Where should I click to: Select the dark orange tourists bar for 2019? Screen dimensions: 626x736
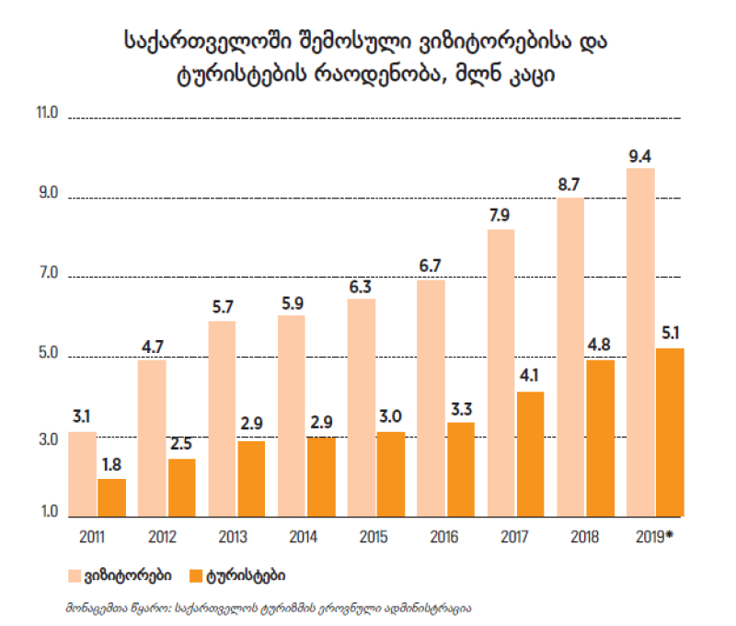(669, 430)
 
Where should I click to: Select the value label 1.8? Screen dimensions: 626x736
(112, 465)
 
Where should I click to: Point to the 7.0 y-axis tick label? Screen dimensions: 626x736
(46, 275)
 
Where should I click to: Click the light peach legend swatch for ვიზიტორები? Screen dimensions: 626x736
(75, 575)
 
